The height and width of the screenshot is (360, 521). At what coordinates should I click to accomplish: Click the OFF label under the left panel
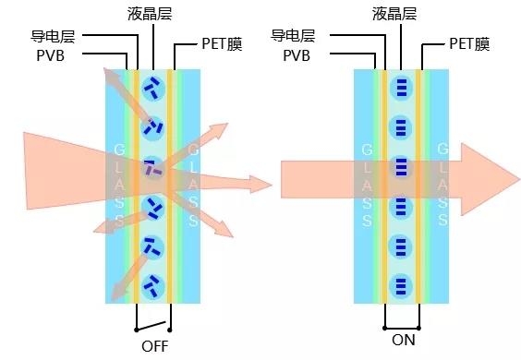[155, 346]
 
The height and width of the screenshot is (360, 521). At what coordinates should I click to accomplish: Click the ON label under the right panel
[404, 340]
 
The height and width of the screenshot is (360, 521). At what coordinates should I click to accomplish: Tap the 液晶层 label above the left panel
[150, 14]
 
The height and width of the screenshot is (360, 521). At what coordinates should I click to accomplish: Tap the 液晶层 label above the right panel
[394, 14]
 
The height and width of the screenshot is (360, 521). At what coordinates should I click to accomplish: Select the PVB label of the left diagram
[50, 55]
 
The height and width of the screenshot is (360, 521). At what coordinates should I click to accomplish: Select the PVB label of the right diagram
[297, 55]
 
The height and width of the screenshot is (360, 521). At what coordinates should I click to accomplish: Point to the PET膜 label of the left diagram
[222, 43]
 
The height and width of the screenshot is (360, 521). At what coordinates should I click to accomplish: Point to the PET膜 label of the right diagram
[469, 43]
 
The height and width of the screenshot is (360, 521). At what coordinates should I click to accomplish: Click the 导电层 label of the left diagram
[53, 36]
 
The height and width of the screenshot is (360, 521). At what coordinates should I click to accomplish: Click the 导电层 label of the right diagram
[293, 35]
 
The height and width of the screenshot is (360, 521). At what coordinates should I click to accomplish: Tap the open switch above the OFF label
[152, 326]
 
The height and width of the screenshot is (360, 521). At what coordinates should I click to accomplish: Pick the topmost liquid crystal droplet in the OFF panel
[153, 88]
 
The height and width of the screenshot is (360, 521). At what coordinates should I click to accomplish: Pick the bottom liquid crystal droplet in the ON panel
[401, 286]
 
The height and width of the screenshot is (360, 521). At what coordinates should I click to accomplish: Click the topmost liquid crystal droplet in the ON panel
[401, 88]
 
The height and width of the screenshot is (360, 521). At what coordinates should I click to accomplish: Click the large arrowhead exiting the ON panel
[490, 179]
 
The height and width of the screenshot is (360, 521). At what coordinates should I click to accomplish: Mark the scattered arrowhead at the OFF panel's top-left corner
[112, 76]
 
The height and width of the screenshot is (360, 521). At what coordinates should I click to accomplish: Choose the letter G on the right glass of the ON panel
[442, 150]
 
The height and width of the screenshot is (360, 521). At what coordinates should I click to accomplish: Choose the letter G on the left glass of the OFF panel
[119, 150]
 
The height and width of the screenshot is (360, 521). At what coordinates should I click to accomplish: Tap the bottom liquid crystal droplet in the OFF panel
[153, 286]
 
